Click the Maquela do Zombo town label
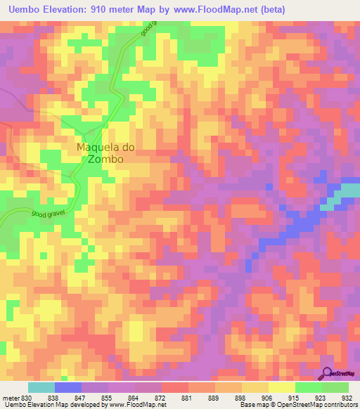click(105, 153)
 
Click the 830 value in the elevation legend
click(25, 397)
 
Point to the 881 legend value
click(186, 397)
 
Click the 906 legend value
click(266, 397)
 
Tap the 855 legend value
click(106, 397)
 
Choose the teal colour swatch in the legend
click(41, 387)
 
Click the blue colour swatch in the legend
click(68, 387)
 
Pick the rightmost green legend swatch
click(335, 387)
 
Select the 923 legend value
click(320, 397)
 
